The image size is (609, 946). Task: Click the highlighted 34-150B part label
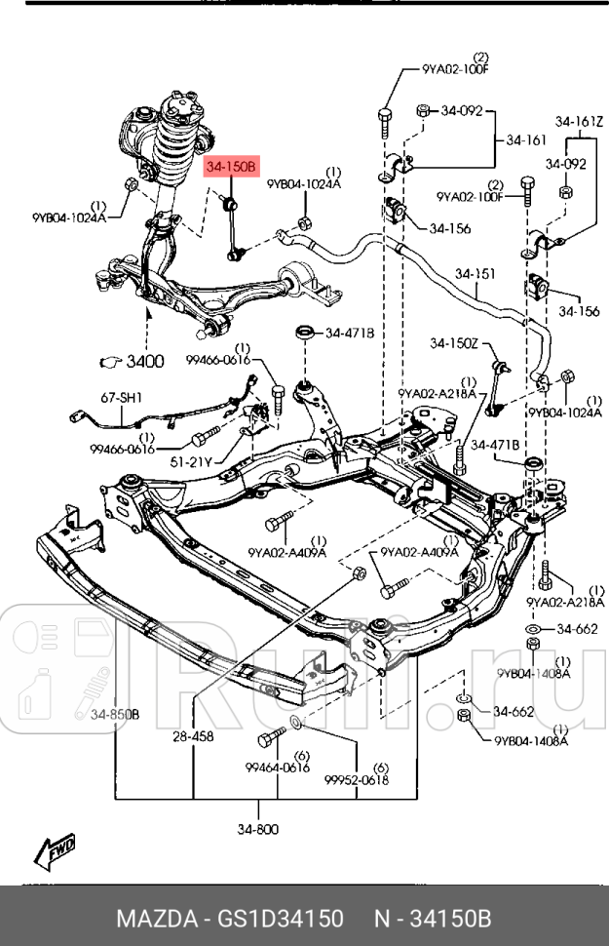[230, 168]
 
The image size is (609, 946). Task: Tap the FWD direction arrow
[58, 851]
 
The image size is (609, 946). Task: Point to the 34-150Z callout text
[455, 343]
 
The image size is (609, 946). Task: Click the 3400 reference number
[146, 362]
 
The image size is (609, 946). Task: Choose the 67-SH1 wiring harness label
[121, 397]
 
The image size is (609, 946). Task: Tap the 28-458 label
[193, 736]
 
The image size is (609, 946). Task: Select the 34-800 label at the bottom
[257, 829]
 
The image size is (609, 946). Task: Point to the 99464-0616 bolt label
[276, 768]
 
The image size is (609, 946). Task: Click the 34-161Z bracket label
[580, 122]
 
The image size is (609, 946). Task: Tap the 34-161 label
[526, 140]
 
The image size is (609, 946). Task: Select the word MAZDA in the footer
[154, 919]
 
